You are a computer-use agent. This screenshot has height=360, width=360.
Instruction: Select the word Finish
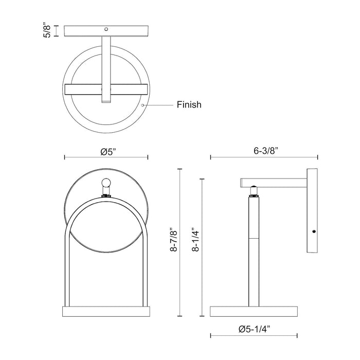(189, 105)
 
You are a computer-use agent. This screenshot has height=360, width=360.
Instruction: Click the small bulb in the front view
(106, 184)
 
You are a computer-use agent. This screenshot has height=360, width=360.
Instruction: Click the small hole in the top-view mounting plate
(106, 29)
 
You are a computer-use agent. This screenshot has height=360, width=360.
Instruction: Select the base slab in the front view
(106, 312)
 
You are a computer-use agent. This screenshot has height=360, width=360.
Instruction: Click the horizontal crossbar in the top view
(106, 89)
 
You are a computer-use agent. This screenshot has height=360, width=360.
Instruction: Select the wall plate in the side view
(313, 210)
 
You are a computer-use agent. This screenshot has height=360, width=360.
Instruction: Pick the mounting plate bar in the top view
(106, 30)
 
